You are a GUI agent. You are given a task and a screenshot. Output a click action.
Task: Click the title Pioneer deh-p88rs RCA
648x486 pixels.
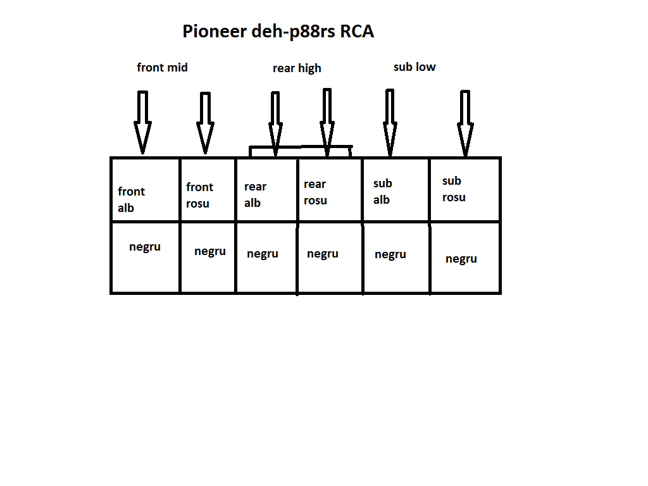(278, 32)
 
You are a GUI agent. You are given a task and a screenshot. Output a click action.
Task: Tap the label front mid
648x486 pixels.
(162, 67)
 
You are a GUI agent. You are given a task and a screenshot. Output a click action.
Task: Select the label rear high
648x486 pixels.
(297, 68)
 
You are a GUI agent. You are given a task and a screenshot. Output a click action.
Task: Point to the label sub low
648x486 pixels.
(414, 66)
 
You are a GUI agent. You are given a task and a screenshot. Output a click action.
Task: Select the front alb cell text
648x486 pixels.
(131, 199)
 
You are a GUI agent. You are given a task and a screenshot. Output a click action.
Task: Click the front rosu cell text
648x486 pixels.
(199, 195)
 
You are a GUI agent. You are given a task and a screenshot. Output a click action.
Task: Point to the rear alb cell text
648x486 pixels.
(255, 194)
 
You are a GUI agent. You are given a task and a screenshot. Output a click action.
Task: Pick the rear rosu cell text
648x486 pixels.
(315, 192)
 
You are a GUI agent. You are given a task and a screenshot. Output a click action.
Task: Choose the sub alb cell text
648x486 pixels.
(382, 191)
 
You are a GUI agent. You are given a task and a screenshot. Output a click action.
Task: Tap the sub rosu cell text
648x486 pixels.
(453, 189)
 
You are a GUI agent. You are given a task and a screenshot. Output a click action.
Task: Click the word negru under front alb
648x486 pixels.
(145, 247)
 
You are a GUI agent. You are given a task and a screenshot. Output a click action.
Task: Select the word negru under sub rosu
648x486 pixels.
(461, 259)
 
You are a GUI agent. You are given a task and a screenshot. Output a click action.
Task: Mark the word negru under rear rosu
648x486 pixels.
(323, 254)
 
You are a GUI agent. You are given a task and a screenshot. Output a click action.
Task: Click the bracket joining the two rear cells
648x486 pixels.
(301, 147)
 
